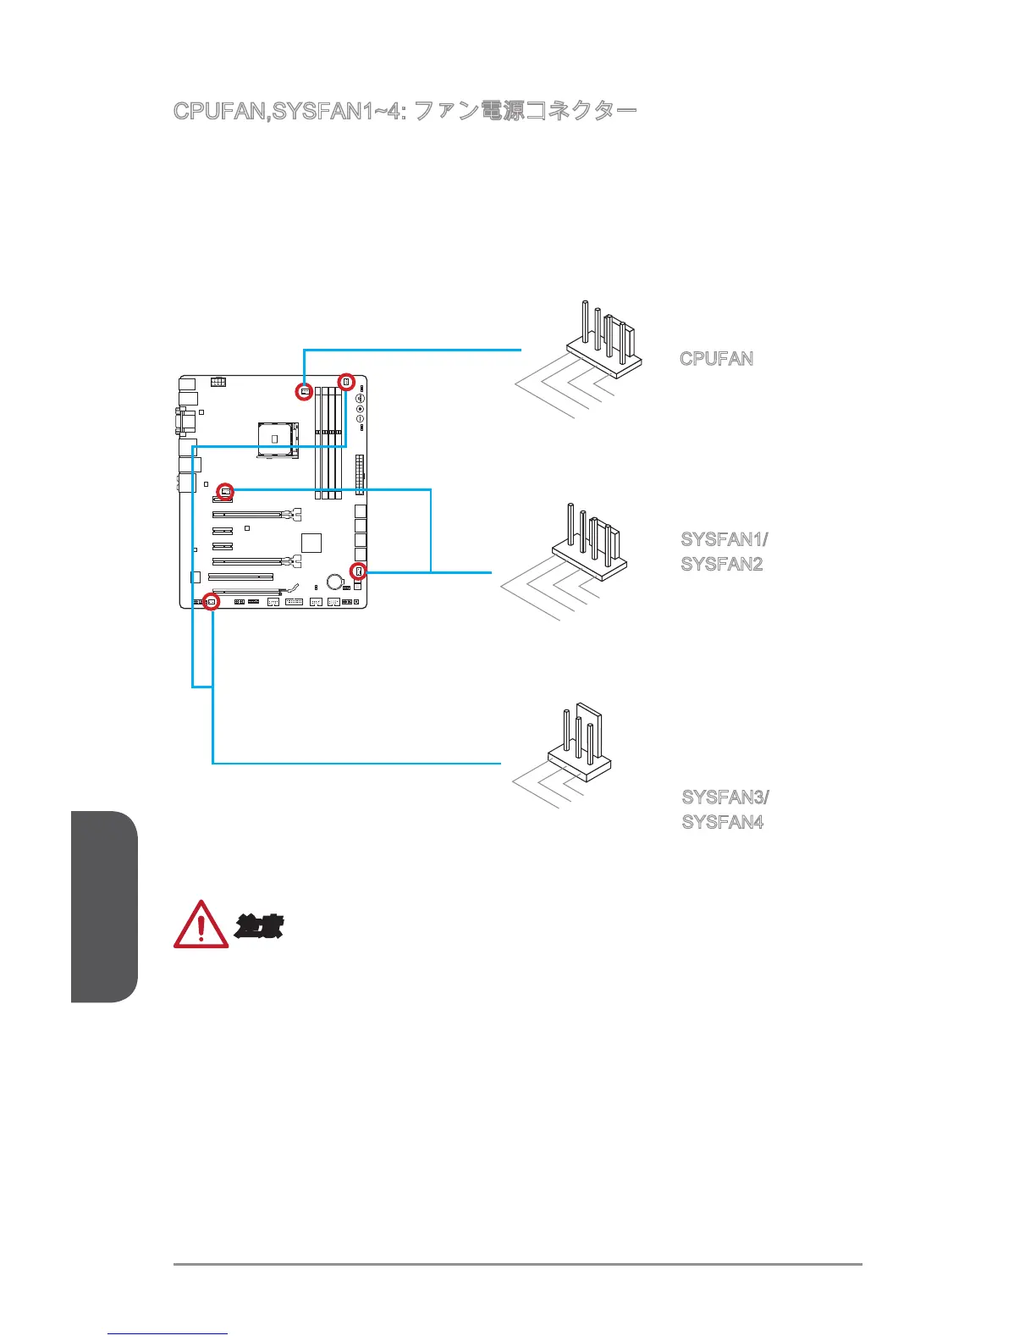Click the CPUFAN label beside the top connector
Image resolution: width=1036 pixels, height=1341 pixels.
[x=716, y=358]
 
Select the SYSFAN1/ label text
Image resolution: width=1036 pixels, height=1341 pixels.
[x=725, y=539]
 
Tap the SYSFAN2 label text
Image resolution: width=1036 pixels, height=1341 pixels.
[x=722, y=564]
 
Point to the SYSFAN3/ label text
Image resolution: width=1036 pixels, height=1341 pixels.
[x=725, y=797]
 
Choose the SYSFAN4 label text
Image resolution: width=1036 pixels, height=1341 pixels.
[x=723, y=822]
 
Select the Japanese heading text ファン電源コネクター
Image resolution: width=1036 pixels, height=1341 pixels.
[x=525, y=112]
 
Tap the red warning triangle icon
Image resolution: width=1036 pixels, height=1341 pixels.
[x=201, y=927]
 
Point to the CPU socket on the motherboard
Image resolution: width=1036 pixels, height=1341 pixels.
[x=277, y=439]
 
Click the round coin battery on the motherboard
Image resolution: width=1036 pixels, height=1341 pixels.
[x=336, y=581]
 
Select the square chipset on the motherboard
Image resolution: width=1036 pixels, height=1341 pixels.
[x=311, y=542]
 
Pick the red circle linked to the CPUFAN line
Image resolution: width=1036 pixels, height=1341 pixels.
[x=305, y=391]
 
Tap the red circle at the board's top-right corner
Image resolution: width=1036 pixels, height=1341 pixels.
[x=345, y=382]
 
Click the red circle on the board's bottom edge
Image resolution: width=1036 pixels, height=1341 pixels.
[x=212, y=601]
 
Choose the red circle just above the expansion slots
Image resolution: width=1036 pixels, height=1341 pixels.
[x=225, y=490]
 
